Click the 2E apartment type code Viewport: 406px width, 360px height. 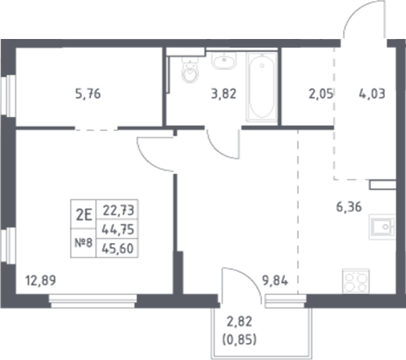click(80, 215)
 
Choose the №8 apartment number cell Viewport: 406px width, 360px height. click(80, 242)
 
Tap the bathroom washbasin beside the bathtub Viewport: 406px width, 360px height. click(222, 61)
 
